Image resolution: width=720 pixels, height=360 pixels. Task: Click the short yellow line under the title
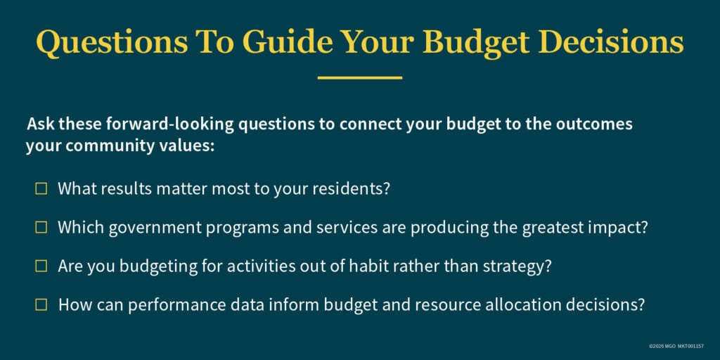click(359, 77)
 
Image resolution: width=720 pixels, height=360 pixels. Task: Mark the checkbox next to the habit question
click(41, 266)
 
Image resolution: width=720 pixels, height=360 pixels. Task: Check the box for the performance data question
click(41, 304)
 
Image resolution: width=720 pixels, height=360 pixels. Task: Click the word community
click(98, 146)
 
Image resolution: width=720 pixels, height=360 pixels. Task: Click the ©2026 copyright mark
click(655, 347)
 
